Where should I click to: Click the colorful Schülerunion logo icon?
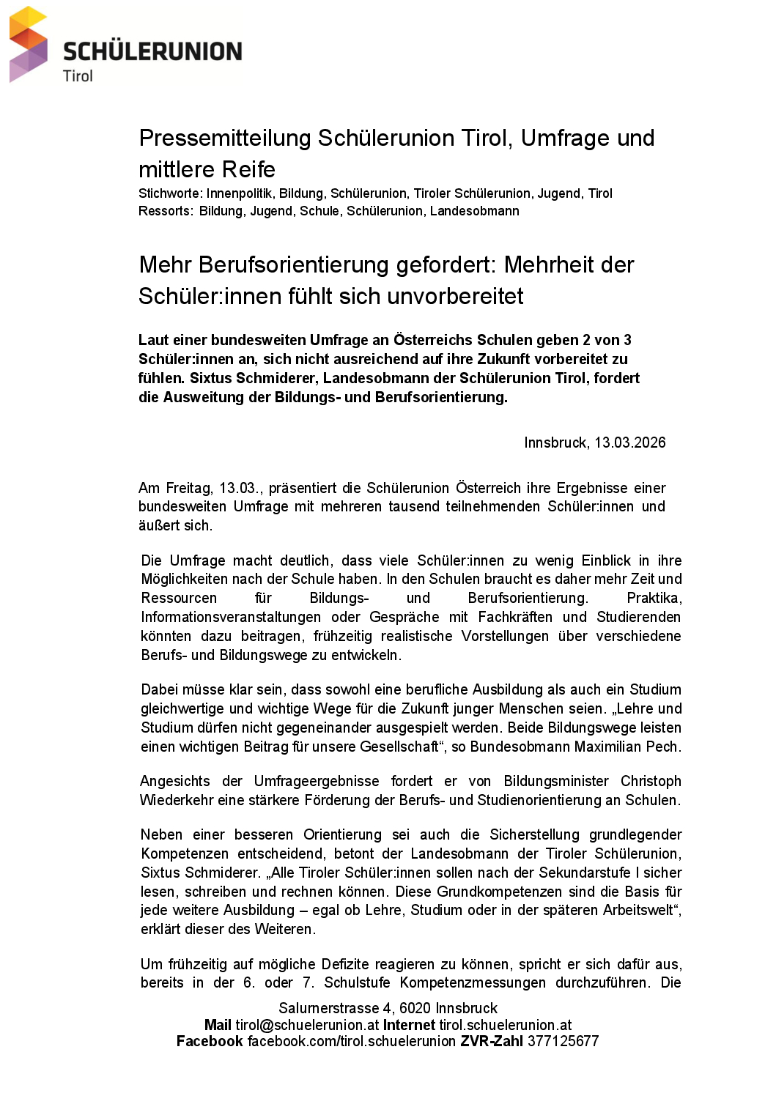coord(29,44)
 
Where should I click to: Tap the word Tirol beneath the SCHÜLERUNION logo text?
coord(78,76)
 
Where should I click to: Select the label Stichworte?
coord(170,193)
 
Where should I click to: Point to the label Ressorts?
coord(166,211)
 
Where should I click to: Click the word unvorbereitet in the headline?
coord(455,297)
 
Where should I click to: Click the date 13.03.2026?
coord(629,443)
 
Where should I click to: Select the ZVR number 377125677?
coord(563,1041)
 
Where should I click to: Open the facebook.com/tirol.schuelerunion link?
coord(352,1041)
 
